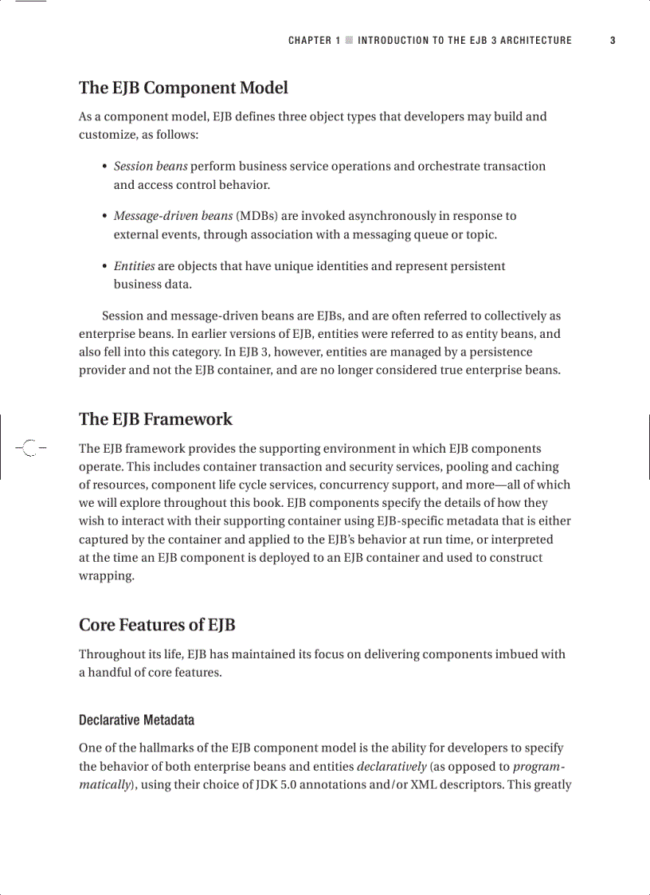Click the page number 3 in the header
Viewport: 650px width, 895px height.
tap(613, 41)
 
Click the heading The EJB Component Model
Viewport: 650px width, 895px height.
tap(183, 88)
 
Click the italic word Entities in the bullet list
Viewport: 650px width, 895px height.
tap(134, 266)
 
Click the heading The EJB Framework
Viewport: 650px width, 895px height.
tap(155, 419)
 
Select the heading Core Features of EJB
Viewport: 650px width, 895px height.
tap(157, 625)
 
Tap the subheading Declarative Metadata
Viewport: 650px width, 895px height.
tap(136, 720)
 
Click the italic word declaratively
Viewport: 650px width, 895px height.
tap(391, 767)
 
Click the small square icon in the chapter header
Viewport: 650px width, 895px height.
tap(349, 41)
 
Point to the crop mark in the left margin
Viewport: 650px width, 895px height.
tap(29, 447)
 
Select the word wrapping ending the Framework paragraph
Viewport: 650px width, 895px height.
tap(106, 576)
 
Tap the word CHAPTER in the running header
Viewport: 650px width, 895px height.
tap(310, 41)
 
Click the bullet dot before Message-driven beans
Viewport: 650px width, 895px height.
tap(105, 217)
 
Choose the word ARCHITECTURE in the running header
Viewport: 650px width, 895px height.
tap(535, 41)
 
